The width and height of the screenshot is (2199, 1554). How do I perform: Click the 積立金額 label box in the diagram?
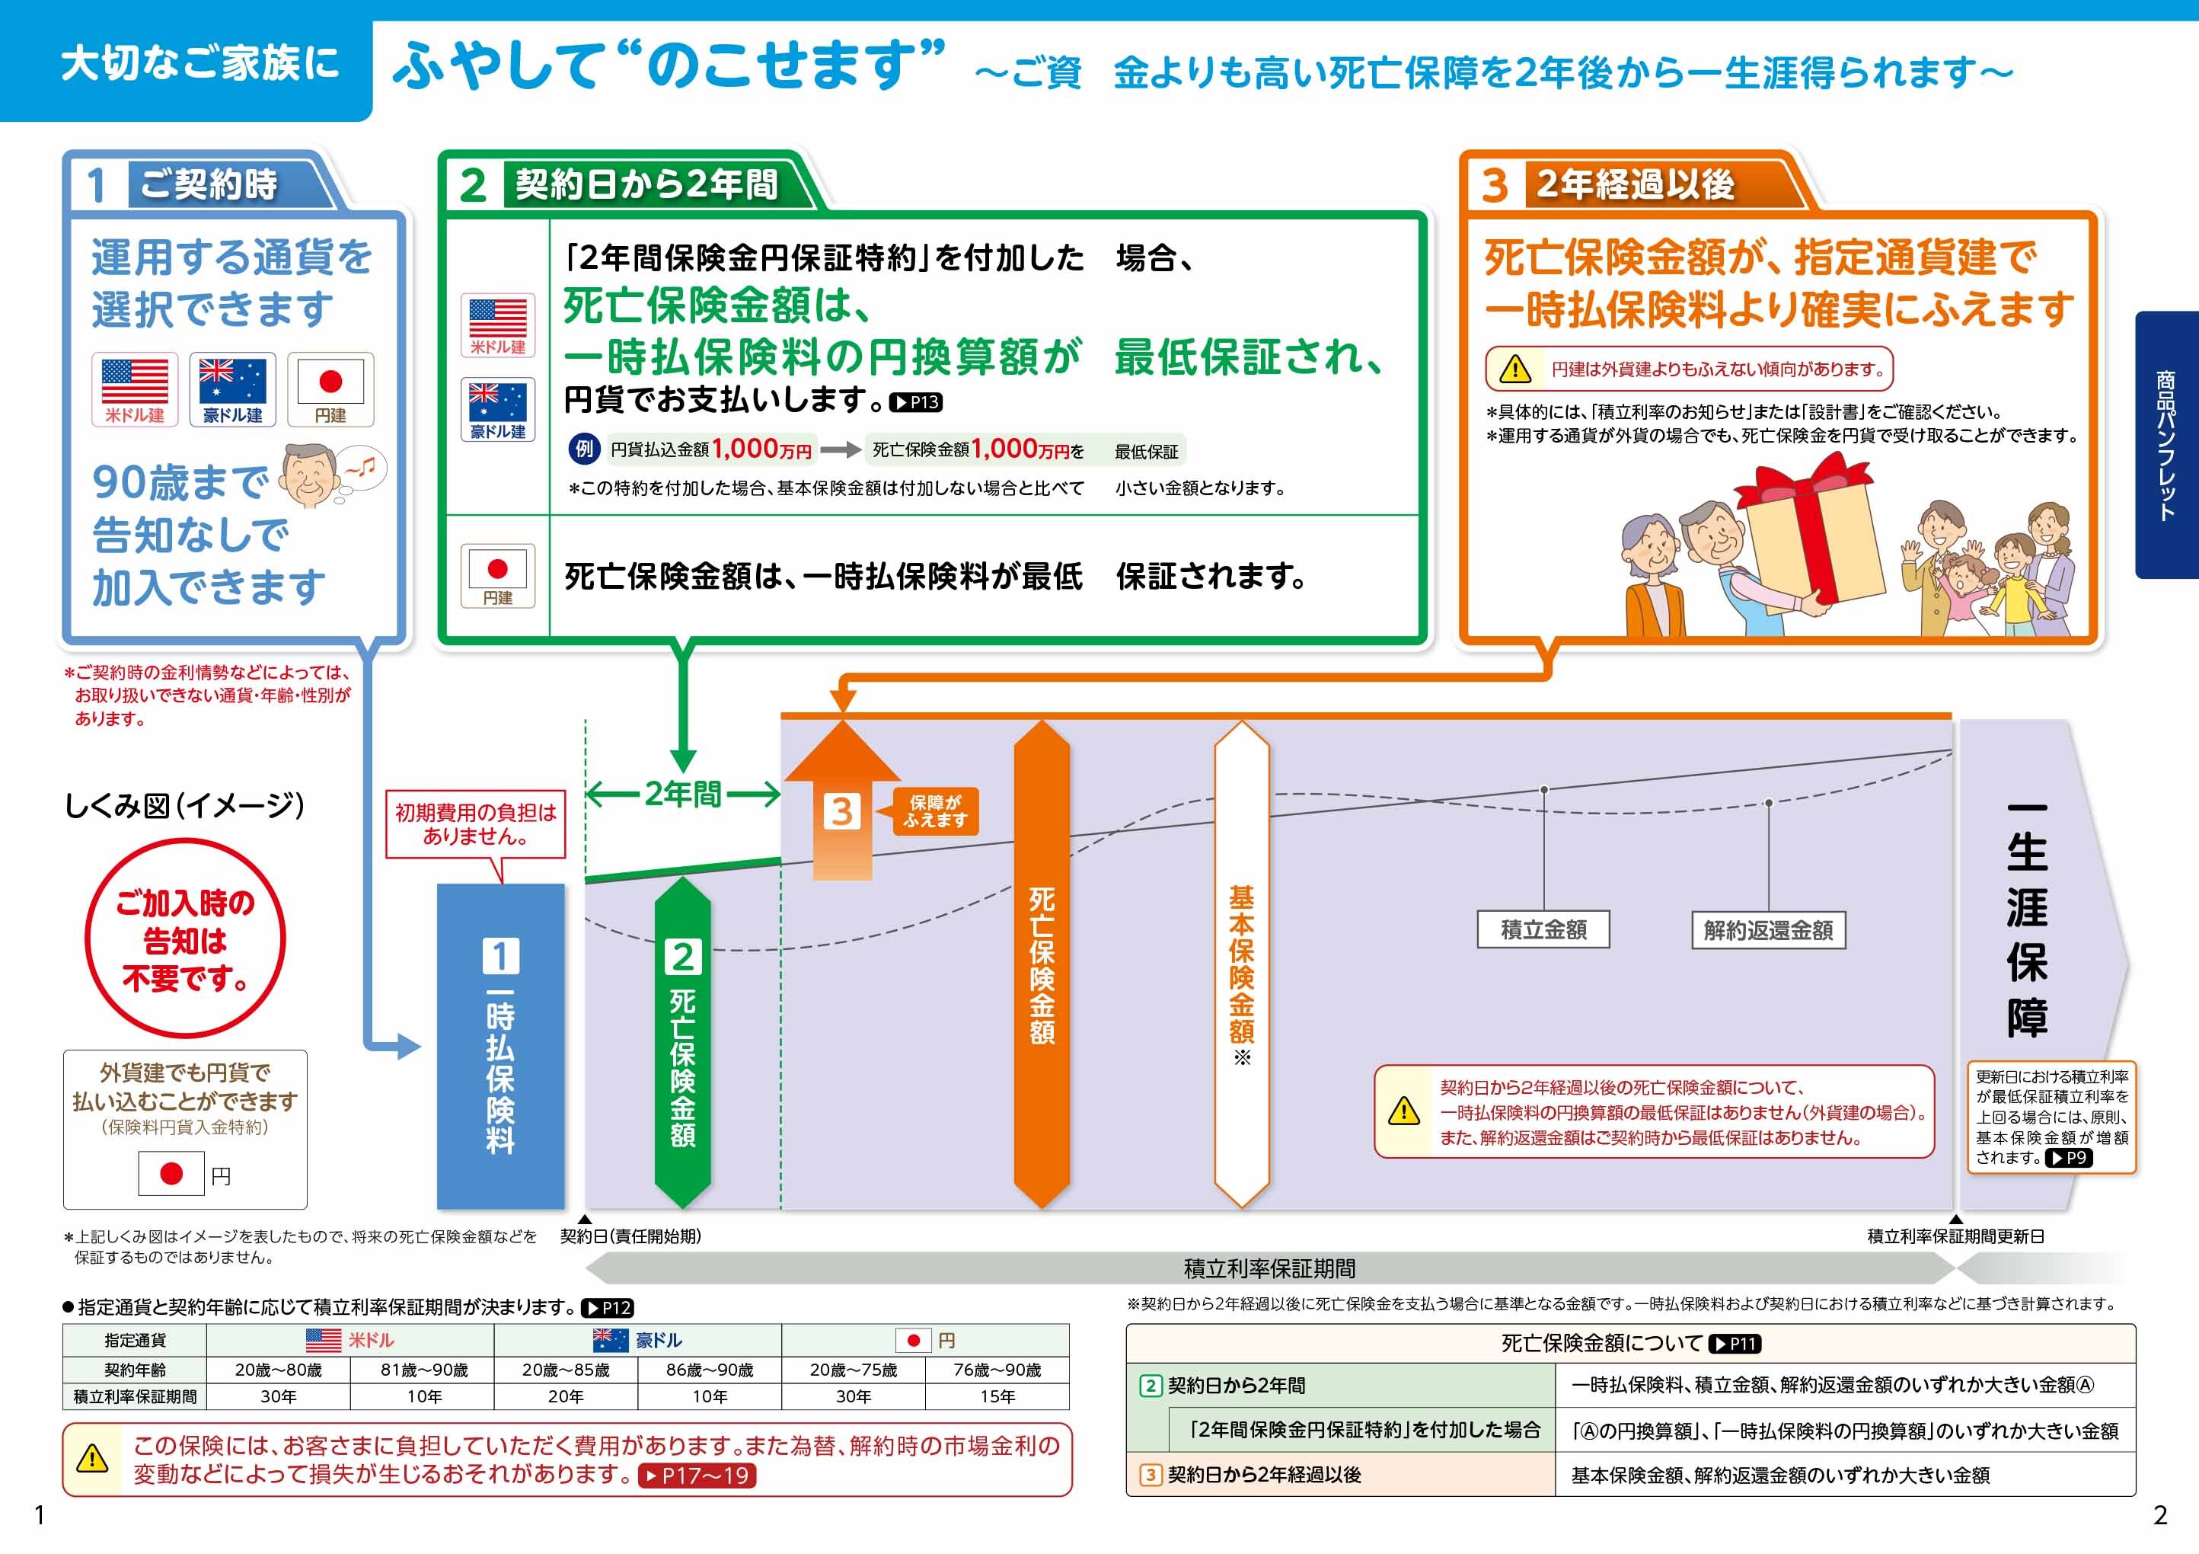click(1543, 929)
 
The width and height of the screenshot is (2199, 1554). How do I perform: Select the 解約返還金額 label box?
click(1768, 930)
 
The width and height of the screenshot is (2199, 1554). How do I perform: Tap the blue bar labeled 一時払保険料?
click(500, 1046)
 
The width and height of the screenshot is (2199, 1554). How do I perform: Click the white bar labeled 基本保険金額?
click(1241, 964)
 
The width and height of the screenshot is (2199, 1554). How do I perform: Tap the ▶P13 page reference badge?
click(917, 402)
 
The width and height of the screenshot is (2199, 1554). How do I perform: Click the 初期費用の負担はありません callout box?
click(475, 824)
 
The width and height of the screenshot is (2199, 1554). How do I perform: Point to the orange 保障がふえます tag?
click(936, 811)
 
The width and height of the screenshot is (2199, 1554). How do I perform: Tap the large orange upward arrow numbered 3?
click(842, 800)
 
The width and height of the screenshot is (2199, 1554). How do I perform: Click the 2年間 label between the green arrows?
click(683, 795)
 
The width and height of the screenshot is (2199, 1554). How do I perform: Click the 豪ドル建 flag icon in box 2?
click(498, 409)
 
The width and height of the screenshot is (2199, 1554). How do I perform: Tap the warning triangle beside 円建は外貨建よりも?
click(1515, 369)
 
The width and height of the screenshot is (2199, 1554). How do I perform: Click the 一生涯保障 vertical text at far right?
click(2027, 921)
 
